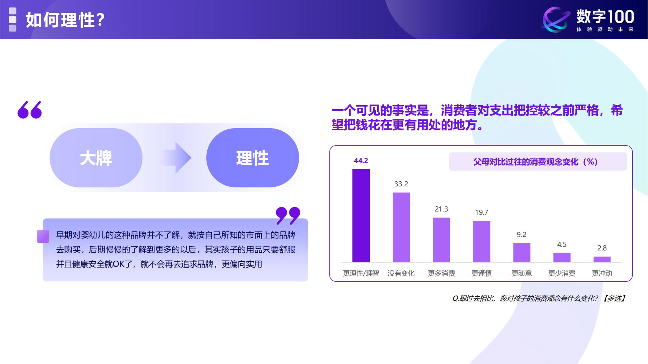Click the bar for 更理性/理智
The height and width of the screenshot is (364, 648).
point(361,215)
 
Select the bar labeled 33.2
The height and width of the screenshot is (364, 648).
point(401,227)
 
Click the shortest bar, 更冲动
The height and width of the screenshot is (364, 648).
point(602,259)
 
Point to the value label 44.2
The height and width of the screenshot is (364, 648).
point(361,161)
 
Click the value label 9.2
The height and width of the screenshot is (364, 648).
point(522,235)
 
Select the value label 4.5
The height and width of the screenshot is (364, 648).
point(562,245)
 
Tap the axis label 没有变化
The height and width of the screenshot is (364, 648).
point(401,273)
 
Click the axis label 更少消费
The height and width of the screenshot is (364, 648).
point(562,273)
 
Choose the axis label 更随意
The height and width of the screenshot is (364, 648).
point(522,273)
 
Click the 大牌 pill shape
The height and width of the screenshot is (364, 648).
point(96,158)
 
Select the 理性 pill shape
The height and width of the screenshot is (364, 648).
point(253,158)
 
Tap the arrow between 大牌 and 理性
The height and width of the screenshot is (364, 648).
point(176,158)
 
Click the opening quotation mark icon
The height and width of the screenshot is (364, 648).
point(30,110)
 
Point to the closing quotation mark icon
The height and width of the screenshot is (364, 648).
point(288,215)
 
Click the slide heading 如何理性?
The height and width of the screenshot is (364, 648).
point(65,20)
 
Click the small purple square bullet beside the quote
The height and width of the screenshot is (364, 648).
point(43,236)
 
